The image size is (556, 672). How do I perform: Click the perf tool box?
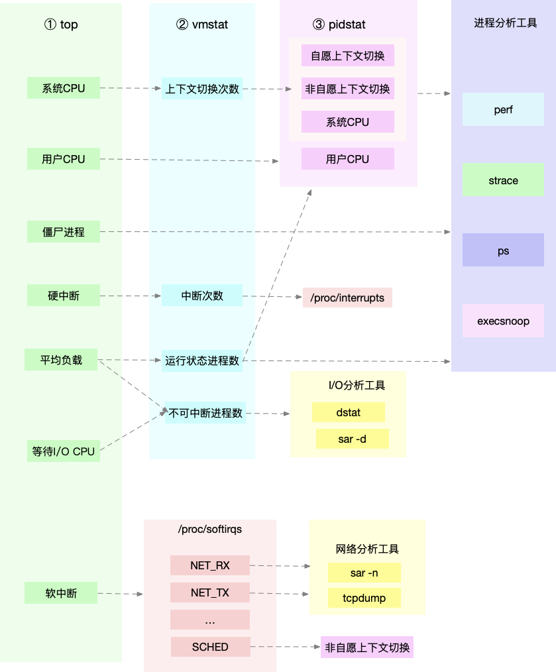click(503, 109)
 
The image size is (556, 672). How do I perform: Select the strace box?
click(503, 180)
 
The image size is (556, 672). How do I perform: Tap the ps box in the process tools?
click(503, 251)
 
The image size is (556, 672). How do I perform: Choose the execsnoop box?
click(503, 321)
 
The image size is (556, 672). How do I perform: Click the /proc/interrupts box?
click(347, 298)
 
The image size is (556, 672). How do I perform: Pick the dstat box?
click(348, 412)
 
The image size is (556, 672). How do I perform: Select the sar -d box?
click(352, 439)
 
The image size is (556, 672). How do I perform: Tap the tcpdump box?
click(364, 598)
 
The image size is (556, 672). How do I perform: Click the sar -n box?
click(364, 572)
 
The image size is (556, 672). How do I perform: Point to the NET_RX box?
click(209, 565)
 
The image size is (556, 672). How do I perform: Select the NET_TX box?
click(209, 592)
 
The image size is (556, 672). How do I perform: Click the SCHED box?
click(210, 647)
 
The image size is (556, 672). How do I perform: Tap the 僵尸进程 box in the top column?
click(64, 232)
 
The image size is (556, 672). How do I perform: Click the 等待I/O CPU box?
click(64, 451)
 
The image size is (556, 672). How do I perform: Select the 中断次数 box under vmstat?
click(202, 296)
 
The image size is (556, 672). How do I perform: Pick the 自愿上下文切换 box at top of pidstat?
click(347, 56)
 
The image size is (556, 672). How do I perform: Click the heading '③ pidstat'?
click(339, 25)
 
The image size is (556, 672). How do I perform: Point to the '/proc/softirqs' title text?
click(209, 530)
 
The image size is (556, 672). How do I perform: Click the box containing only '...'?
click(209, 620)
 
